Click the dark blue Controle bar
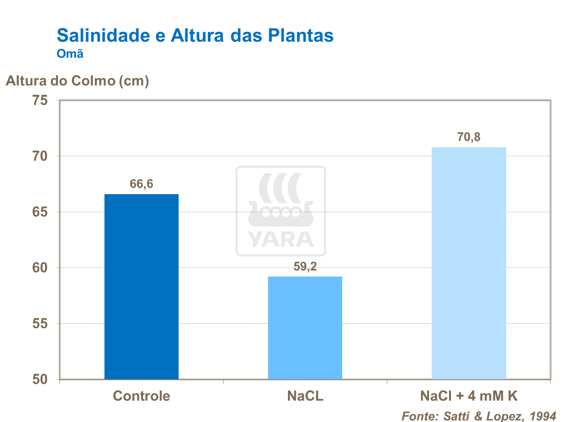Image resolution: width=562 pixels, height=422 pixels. (142, 286)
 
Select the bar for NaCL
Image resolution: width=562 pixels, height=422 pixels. (305, 328)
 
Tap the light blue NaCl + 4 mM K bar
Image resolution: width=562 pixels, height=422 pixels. (469, 263)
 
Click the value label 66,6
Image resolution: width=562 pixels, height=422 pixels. (142, 184)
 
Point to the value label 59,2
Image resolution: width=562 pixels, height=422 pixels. (305, 266)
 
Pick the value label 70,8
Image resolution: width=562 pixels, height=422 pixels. (469, 137)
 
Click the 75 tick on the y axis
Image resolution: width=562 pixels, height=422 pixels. (40, 100)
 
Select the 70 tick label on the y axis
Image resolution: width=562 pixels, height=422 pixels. (40, 156)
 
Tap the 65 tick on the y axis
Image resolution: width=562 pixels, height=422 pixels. (40, 212)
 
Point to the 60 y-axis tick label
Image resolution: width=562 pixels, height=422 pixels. (40, 268)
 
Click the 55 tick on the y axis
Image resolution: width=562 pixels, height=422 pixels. (40, 323)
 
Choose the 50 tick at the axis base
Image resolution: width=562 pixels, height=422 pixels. (40, 379)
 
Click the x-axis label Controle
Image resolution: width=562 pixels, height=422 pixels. (142, 396)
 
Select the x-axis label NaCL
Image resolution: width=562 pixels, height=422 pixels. (305, 396)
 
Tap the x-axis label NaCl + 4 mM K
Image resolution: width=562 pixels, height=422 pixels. (469, 396)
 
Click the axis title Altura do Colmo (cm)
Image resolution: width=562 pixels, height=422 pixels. (78, 81)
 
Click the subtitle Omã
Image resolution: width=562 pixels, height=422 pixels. (70, 54)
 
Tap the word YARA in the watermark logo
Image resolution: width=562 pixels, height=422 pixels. (280, 239)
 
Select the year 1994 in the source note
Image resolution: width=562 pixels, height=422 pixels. (543, 416)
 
